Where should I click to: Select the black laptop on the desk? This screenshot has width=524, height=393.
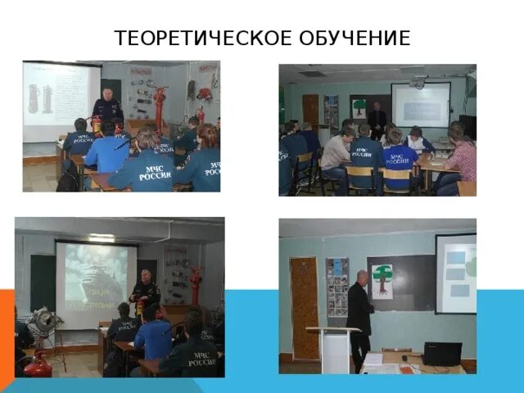[441, 354]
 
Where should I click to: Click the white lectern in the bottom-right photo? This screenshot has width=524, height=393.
[333, 349]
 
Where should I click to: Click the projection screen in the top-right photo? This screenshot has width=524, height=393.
[420, 104]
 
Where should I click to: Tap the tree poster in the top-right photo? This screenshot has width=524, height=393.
[359, 106]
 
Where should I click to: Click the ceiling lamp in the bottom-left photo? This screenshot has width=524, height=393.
[102, 237]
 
